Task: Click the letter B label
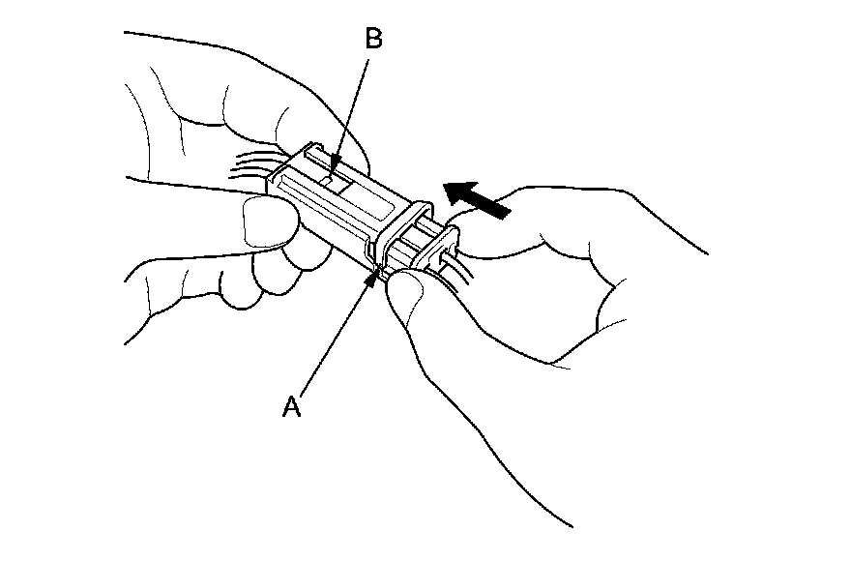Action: tap(374, 39)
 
